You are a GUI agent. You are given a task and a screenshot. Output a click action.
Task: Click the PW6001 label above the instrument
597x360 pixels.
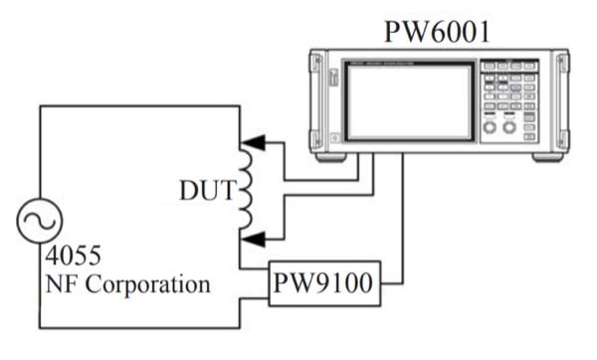pos(437,31)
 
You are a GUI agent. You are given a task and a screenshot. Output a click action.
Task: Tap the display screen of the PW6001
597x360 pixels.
pos(409,100)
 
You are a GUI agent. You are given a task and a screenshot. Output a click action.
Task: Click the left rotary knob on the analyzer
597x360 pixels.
pos(490,128)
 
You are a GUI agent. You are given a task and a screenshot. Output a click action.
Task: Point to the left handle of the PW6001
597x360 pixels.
pos(317,99)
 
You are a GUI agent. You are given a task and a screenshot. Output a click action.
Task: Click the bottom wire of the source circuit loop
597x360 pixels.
pos(139,328)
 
